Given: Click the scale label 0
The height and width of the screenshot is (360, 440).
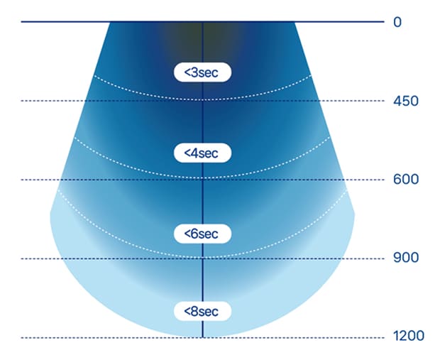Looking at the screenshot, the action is (397, 22).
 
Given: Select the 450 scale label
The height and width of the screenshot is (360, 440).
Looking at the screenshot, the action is (406, 101).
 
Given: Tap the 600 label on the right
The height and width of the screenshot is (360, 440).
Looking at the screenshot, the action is (406, 179).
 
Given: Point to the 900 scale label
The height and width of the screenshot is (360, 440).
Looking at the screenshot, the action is (406, 258).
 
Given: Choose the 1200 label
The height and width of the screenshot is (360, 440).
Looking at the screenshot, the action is (409, 336).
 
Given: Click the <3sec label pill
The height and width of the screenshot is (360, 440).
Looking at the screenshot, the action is (202, 72).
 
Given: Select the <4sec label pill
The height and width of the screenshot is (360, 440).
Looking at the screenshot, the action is (202, 153).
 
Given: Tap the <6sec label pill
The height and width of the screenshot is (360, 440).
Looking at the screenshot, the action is (202, 234).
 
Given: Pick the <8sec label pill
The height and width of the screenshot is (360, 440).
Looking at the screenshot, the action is (202, 311).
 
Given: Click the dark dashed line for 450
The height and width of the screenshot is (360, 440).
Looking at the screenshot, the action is (202, 101).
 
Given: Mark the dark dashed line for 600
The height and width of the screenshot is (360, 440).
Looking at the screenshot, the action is (202, 180).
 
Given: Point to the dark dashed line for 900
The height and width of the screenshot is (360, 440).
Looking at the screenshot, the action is (202, 258).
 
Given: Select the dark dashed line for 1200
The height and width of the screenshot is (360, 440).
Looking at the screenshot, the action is (202, 337).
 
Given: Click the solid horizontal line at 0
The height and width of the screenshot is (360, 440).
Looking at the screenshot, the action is (202, 21).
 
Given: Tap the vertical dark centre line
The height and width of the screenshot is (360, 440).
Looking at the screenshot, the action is (202, 180).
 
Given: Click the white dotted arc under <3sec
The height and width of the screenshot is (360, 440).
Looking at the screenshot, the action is (202, 99).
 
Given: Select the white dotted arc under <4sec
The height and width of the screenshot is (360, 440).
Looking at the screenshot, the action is (202, 178).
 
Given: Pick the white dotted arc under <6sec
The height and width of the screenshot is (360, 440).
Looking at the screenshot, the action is (202, 257).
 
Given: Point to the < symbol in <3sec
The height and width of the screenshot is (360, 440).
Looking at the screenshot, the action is (187, 72).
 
